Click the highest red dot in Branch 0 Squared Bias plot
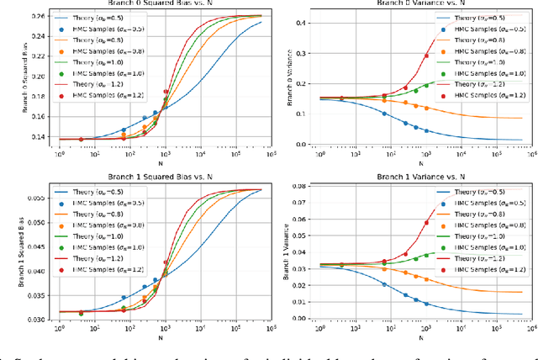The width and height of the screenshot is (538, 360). click(166, 92)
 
